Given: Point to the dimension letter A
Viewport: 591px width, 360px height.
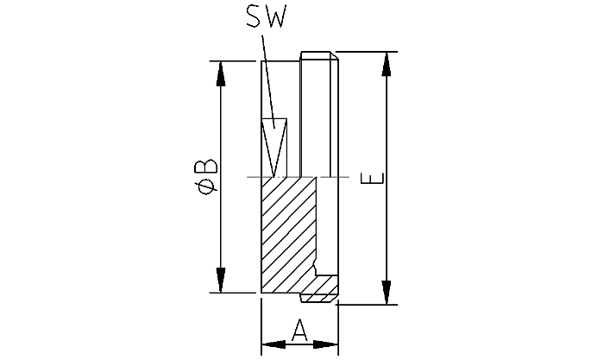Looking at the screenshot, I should point(299,331).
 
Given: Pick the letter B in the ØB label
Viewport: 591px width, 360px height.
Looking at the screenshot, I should point(206,164).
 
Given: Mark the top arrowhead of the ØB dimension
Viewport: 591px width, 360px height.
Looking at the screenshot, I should point(222,73).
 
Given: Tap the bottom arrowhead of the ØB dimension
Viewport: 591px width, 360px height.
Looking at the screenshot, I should point(222,281).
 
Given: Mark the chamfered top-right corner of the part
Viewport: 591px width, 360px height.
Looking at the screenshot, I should point(334,56).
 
